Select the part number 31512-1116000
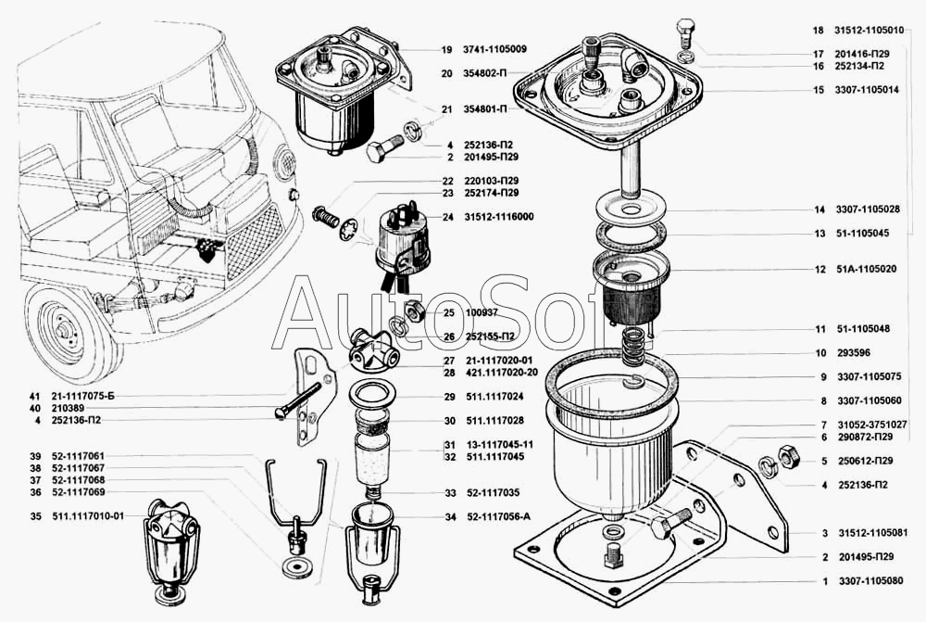pyautogui.click(x=495, y=217)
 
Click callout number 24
pyautogui.click(x=447, y=217)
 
